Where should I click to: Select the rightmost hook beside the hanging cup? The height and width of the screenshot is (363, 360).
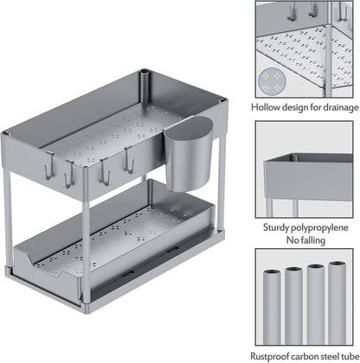[x=129, y=160]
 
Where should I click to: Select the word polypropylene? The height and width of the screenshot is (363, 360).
[x=319, y=228]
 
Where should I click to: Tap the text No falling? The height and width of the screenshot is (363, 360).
[x=305, y=240]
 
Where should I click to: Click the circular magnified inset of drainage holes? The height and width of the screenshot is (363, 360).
[x=272, y=81]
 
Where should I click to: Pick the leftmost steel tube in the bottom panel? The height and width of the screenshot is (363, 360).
[x=272, y=307]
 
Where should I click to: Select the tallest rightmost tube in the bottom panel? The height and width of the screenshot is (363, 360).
[x=337, y=302]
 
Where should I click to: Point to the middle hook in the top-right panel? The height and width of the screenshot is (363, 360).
[x=312, y=10]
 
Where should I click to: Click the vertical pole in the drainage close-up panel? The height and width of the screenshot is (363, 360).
[x=328, y=50]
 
